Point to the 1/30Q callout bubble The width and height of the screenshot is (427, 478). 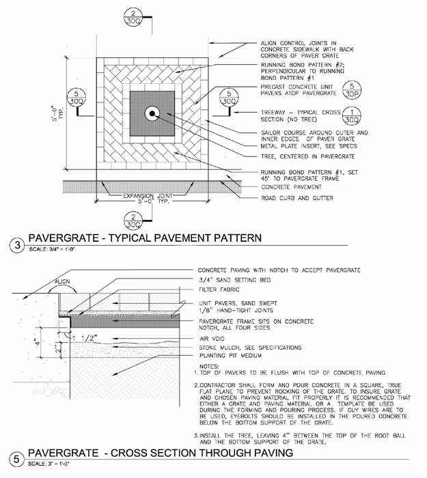point(351,115)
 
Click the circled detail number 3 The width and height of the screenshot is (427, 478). point(15,244)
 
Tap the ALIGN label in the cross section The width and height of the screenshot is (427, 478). point(63,281)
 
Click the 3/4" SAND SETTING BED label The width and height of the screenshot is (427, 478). point(230,280)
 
